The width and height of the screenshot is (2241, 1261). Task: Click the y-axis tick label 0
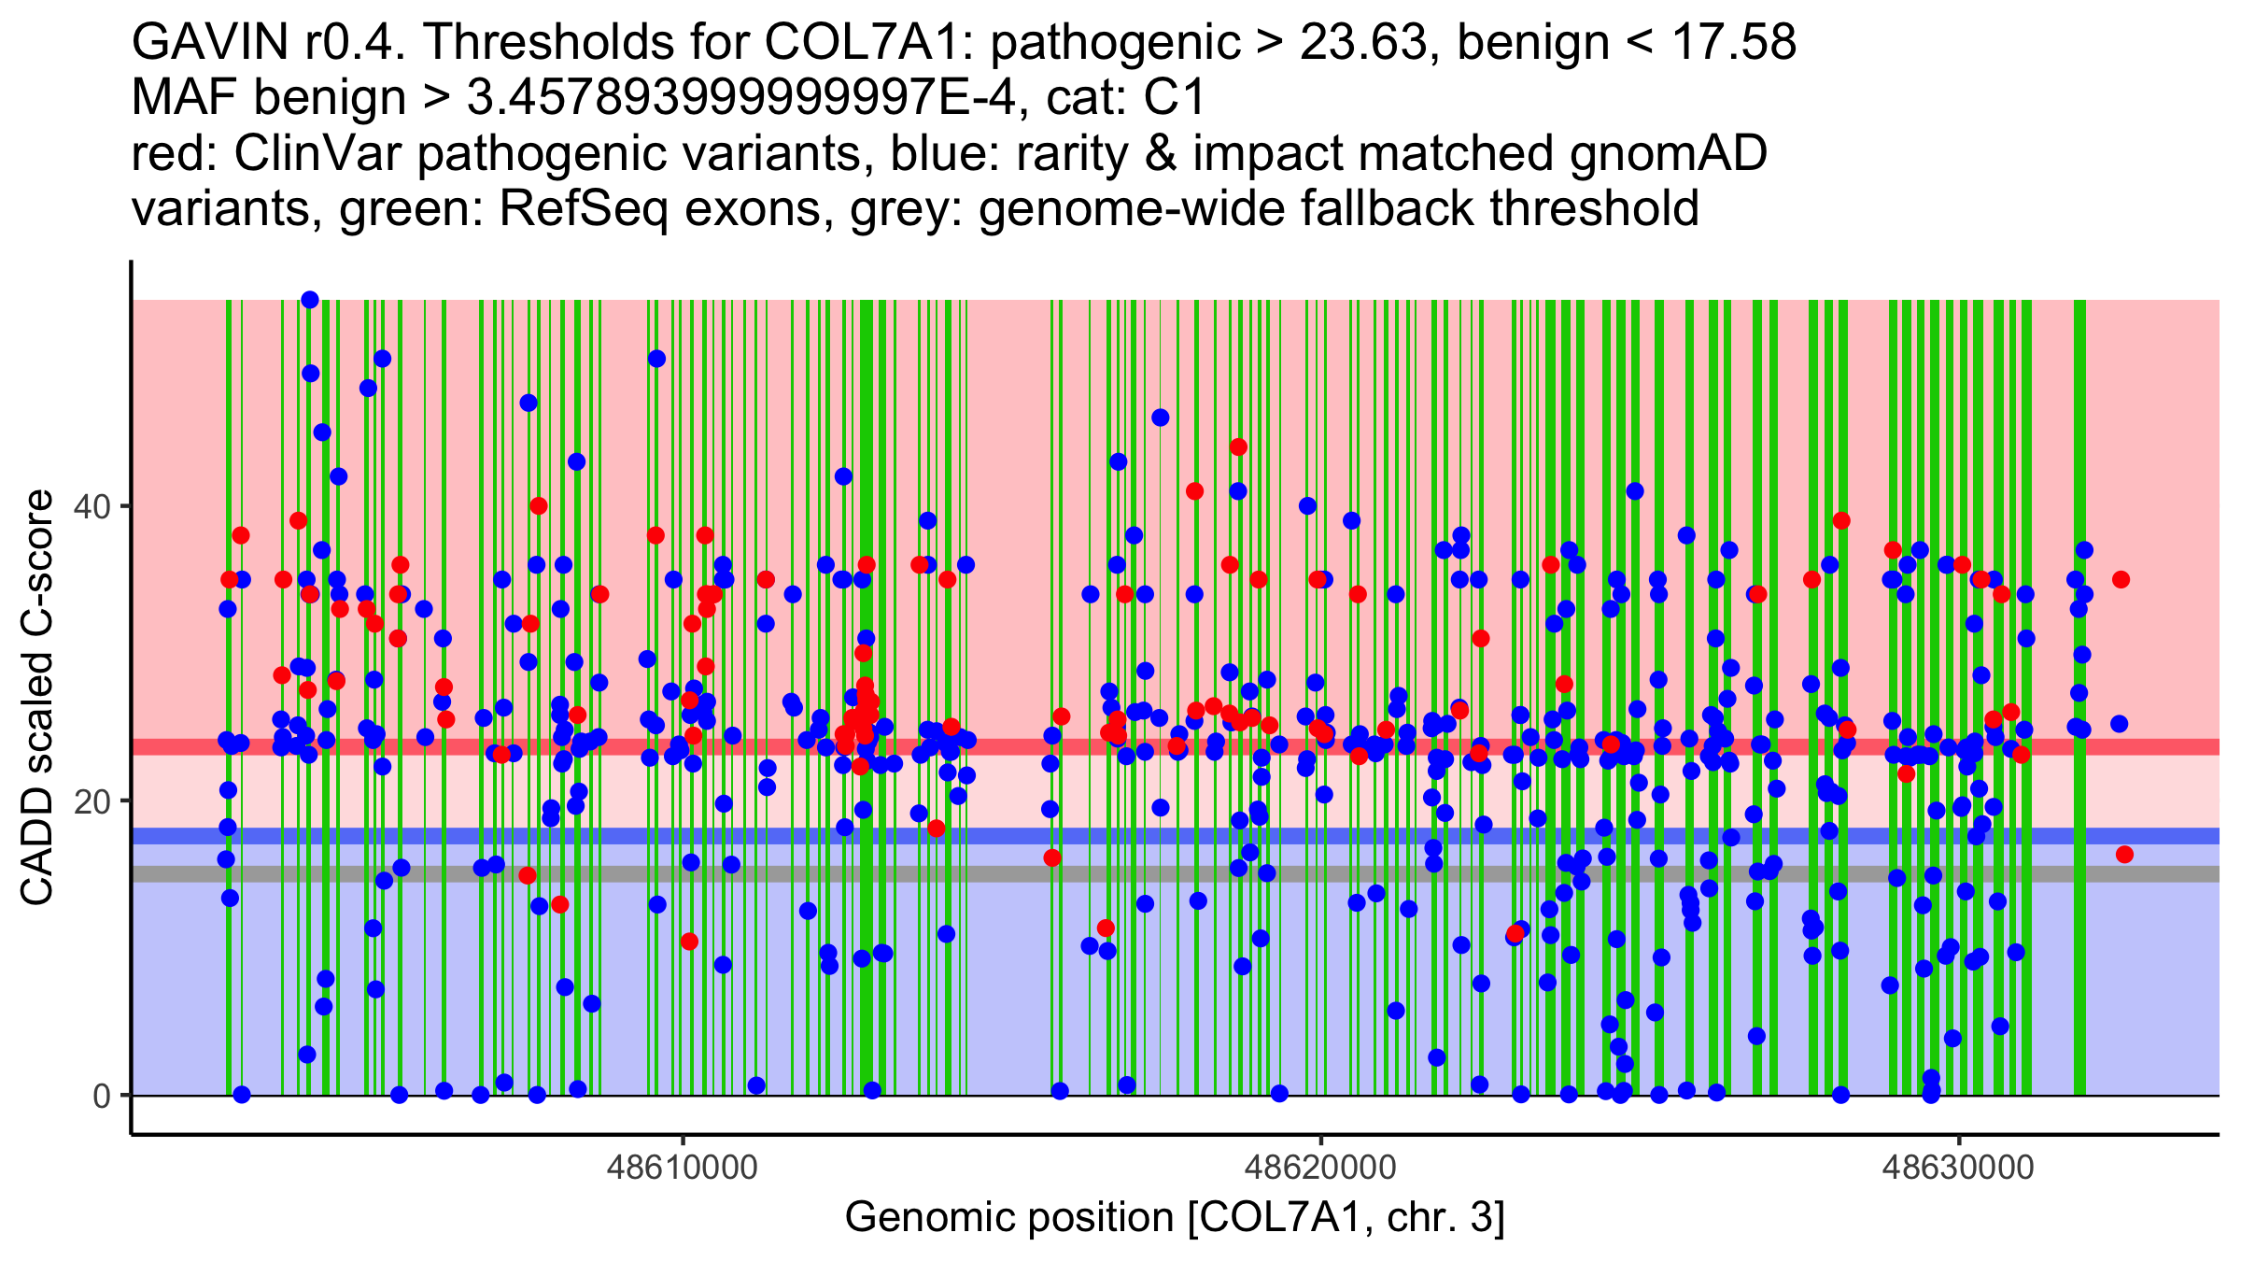(x=102, y=1096)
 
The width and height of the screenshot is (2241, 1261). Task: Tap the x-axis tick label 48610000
(x=683, y=1168)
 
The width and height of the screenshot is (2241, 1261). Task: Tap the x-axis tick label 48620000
(x=1320, y=1168)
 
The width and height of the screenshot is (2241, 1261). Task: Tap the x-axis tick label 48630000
(x=1958, y=1168)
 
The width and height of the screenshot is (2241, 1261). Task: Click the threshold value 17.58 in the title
(x=1733, y=43)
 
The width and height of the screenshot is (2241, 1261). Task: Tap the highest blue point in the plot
(x=310, y=300)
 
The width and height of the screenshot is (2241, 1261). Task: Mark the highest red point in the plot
(x=1238, y=446)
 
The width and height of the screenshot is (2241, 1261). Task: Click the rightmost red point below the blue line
(x=2124, y=854)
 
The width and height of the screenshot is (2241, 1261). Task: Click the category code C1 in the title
(x=1176, y=98)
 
